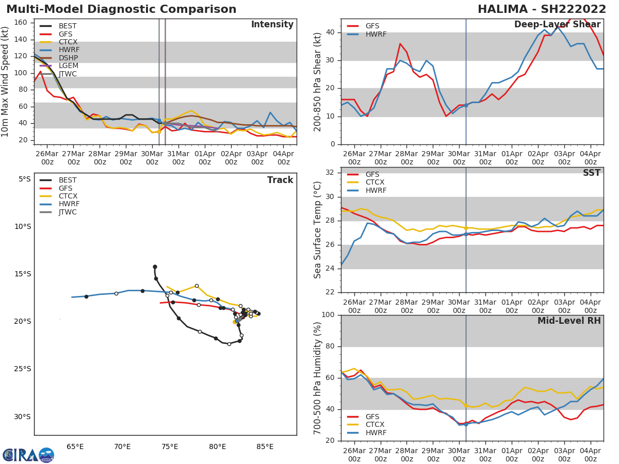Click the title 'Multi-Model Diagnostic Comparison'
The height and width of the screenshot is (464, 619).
pos(121,9)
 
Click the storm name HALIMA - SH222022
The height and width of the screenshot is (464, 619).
pos(539,9)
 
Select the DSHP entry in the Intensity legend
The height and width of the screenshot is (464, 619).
pos(68,58)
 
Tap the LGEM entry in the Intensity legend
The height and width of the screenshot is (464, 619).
pos(68,66)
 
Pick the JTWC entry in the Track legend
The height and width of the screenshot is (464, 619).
pos(68,212)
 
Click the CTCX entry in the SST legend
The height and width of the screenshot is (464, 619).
pos(375,183)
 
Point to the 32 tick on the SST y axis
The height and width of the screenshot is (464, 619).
pos(330,173)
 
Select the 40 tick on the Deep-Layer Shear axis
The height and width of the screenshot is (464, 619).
pos(330,32)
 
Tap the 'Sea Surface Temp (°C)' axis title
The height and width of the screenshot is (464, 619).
pos(318,230)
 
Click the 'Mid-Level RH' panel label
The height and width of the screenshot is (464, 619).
pos(568,321)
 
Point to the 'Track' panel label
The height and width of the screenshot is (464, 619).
pos(280,180)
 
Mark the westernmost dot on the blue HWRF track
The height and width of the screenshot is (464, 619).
pos(86,296)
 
